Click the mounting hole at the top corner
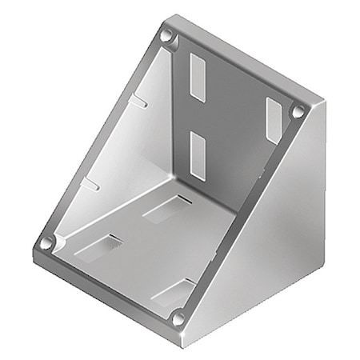(x=167, y=37)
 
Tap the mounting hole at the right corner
(x=298, y=112)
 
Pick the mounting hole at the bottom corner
(x=178, y=318)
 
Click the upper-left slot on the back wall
(x=198, y=78)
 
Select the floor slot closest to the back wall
(x=166, y=210)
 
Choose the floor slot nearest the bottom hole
(x=174, y=293)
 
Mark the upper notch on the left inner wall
(x=139, y=102)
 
